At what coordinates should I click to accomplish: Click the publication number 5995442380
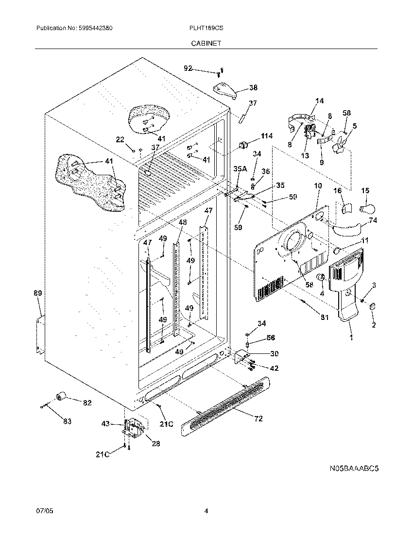pos(95,29)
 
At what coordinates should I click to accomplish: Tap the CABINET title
pos(206,43)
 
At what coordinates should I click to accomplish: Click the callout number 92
pos(189,68)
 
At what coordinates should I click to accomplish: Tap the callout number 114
pos(267,136)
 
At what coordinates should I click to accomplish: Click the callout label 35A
pos(240,169)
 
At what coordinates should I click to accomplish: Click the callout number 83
pos(67,422)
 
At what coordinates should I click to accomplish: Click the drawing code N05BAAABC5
pos(354,469)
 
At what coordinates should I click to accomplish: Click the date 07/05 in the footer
pos(43,511)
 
